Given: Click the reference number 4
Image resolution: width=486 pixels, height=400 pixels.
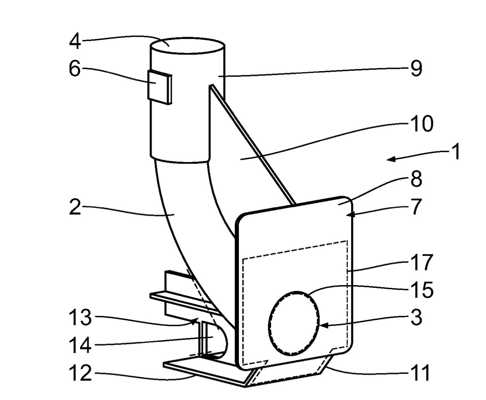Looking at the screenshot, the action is click(75, 42).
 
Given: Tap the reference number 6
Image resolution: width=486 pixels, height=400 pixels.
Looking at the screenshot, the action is click(75, 68).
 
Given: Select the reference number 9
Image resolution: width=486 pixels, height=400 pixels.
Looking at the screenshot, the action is click(416, 69).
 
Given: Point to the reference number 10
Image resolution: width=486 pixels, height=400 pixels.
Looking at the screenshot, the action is click(422, 124).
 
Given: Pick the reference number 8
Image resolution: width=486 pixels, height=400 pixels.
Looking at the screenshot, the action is click(416, 179).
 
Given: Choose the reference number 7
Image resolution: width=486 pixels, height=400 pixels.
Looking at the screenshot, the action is click(417, 207).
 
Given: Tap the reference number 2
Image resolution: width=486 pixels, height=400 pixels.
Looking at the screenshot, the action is click(75, 207).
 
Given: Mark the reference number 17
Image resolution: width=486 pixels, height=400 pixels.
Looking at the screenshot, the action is click(422, 262).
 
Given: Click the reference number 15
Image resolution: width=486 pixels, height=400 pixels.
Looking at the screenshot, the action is click(422, 290).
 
